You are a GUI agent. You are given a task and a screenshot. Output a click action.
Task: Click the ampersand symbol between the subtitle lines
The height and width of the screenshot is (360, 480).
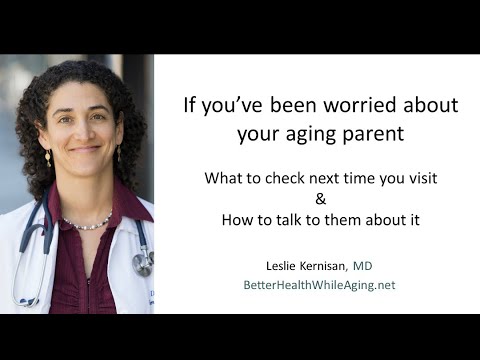(306, 198)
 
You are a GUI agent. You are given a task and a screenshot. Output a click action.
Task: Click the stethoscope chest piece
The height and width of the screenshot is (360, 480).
(143, 262)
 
